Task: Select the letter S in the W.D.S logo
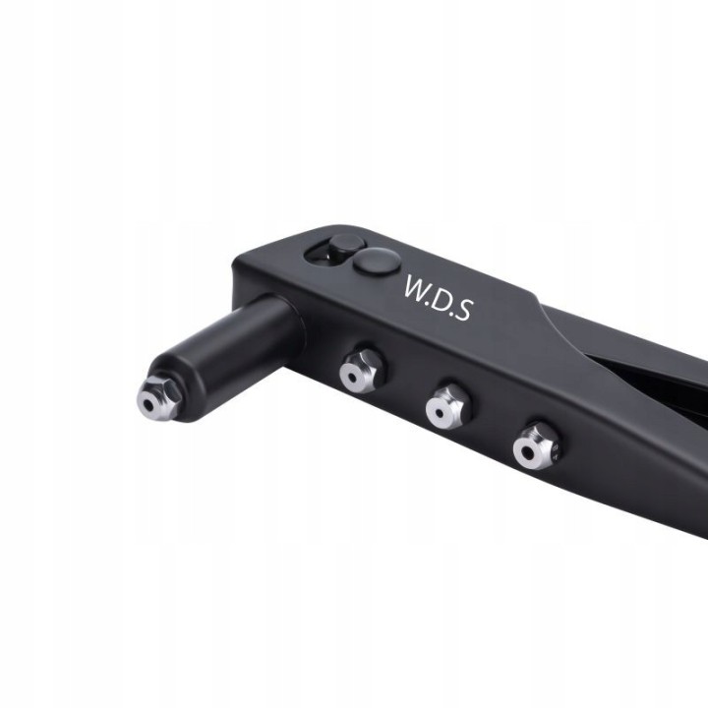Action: (x=463, y=310)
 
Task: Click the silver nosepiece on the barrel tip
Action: (x=159, y=398)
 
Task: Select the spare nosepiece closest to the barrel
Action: (x=362, y=371)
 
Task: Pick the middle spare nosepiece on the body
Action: (x=448, y=406)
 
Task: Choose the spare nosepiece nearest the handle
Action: (x=537, y=445)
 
